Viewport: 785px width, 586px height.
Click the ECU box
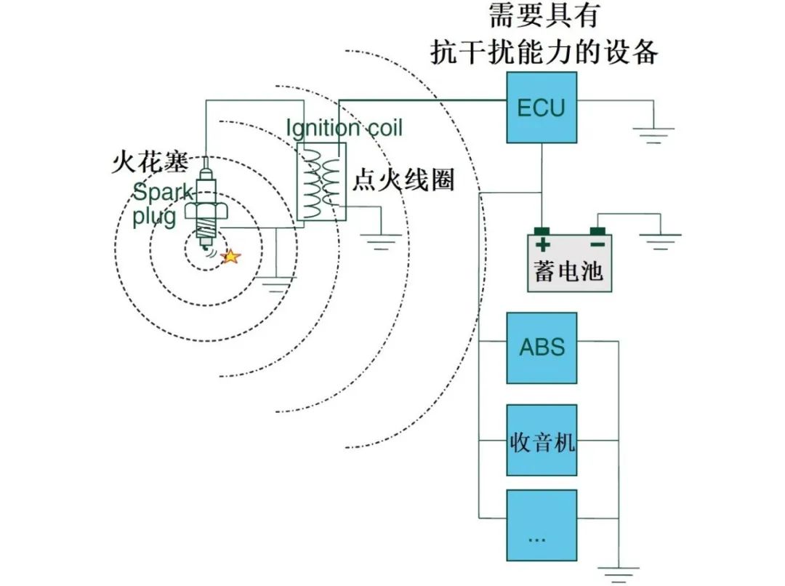pyautogui.click(x=541, y=108)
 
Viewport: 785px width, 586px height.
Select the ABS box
pyautogui.click(x=542, y=348)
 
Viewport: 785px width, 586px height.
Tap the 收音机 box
pyautogui.click(x=542, y=441)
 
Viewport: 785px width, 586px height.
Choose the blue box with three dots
pyautogui.click(x=542, y=525)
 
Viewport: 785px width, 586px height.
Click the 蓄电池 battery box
pyautogui.click(x=569, y=263)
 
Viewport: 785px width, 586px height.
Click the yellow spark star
pyautogui.click(x=230, y=256)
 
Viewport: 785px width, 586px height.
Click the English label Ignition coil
pyautogui.click(x=344, y=128)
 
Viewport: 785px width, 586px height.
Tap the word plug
pyautogui.click(x=154, y=217)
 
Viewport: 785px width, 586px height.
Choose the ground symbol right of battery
pyautogui.click(x=660, y=241)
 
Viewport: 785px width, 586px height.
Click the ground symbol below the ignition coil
pyautogui.click(x=379, y=241)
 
